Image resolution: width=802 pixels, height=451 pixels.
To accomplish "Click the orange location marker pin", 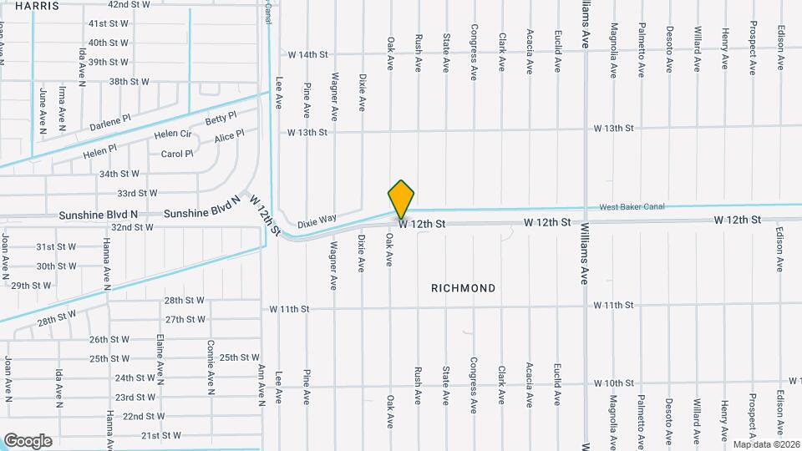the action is click(x=402, y=200).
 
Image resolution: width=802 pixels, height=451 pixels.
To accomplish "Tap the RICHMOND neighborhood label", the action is click(x=463, y=288).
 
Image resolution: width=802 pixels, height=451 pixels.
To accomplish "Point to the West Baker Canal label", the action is click(x=632, y=207).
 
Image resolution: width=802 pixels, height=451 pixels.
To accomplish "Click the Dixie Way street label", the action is click(x=317, y=219).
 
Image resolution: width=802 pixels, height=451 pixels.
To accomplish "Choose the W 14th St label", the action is click(x=307, y=54).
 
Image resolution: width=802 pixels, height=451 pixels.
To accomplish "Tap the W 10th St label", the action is click(x=614, y=383).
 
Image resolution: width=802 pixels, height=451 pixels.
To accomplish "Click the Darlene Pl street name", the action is click(x=110, y=123).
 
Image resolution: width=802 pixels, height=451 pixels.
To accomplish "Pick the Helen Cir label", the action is click(x=173, y=134).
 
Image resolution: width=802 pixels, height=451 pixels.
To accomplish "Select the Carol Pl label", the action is click(x=177, y=154).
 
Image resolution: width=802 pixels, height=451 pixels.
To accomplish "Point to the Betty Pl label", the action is click(x=221, y=119).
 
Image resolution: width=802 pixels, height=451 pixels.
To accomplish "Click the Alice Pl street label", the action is click(x=229, y=136).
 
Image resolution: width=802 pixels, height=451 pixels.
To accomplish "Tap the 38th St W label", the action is click(x=129, y=82).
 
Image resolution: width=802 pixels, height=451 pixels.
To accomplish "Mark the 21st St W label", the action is click(x=161, y=436).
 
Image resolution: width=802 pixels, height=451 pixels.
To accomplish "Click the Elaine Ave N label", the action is click(x=160, y=356).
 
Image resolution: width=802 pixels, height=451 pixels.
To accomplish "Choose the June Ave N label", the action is click(x=42, y=109).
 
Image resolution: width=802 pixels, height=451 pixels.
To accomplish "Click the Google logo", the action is click(x=28, y=441).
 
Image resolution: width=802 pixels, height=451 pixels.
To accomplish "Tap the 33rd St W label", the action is click(x=138, y=193).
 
